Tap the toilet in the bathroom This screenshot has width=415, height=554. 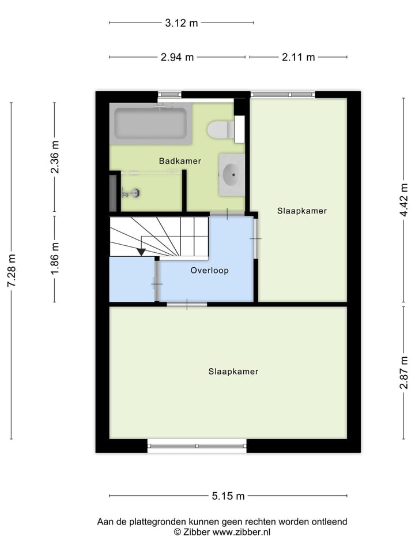tap(220, 130)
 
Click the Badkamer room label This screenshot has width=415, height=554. tap(180, 161)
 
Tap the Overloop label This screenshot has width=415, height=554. tap(209, 270)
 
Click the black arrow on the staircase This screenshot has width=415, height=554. tap(141, 252)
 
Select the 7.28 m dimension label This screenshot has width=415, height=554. tap(11, 271)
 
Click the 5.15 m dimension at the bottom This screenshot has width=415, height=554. tap(228, 496)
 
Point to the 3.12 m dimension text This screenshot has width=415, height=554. tap(181, 23)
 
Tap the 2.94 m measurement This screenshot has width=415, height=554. tap(177, 57)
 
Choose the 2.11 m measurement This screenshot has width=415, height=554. tap(298, 57)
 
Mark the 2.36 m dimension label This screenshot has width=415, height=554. tap(55, 158)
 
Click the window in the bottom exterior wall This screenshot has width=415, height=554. tap(197, 446)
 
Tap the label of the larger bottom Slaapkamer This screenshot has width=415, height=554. tap(233, 372)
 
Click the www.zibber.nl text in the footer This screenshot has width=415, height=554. tap(242, 532)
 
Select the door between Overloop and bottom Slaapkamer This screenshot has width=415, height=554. tap(187, 304)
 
